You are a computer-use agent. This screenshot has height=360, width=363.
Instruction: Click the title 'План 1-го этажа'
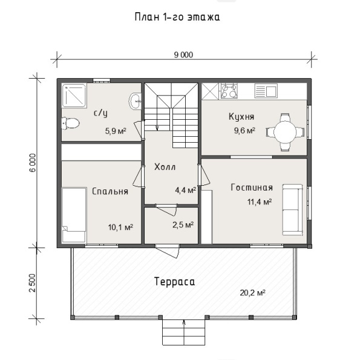(x=177, y=18)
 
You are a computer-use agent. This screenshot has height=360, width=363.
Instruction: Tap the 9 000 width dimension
(x=183, y=55)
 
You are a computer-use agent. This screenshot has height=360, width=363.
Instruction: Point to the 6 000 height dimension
(x=33, y=163)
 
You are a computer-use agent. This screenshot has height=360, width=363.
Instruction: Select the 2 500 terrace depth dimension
(x=33, y=283)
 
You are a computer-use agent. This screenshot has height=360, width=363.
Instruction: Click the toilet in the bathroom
(x=70, y=123)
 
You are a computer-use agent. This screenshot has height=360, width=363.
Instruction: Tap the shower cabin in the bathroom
(x=74, y=96)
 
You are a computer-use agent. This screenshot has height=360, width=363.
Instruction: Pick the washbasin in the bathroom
(x=135, y=101)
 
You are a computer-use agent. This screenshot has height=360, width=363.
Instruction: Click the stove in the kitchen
(x=229, y=91)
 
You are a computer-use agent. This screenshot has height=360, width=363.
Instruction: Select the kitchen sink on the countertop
(x=266, y=91)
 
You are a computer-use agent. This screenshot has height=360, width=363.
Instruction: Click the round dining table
(x=285, y=132)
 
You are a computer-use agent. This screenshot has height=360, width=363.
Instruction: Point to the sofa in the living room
(x=292, y=210)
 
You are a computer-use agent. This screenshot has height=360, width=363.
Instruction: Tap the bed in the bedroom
(x=74, y=215)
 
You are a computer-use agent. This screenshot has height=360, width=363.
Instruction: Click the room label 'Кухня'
(x=241, y=116)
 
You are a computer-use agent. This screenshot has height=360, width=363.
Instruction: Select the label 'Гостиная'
(x=252, y=188)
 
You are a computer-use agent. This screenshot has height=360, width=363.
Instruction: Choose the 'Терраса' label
(x=175, y=282)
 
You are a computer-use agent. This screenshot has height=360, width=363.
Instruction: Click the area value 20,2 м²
(x=252, y=293)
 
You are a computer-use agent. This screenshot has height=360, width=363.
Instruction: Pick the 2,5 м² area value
(x=183, y=224)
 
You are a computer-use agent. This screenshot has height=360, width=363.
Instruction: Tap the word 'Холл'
(x=165, y=166)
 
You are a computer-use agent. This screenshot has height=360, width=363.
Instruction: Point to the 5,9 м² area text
(x=116, y=131)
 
